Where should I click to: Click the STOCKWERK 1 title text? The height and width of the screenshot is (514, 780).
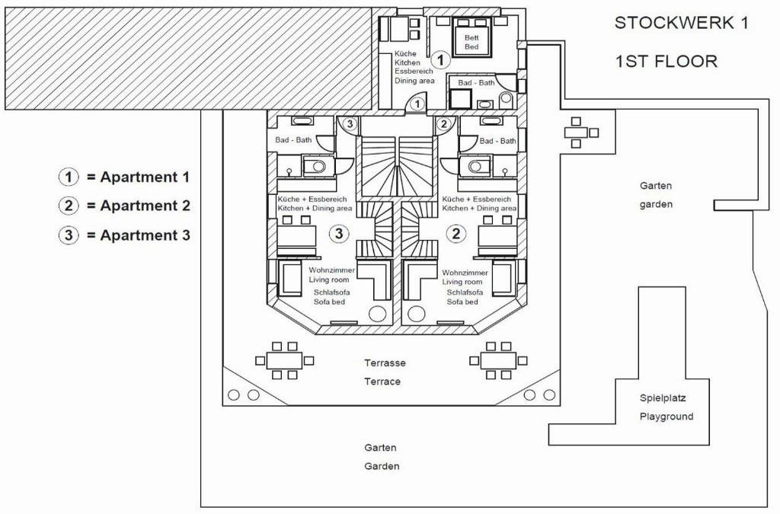point(681,23)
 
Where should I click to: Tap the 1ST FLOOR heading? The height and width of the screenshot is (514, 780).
point(666,62)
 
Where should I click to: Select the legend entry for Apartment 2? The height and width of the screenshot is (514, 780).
point(124,206)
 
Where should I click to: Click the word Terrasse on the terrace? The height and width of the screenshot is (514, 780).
point(385,363)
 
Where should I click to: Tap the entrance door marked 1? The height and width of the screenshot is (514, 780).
point(417,104)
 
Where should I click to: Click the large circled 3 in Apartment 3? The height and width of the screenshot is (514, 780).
point(339,233)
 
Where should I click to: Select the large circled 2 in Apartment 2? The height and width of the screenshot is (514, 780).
point(456,233)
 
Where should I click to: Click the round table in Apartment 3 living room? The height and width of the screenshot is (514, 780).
point(377,314)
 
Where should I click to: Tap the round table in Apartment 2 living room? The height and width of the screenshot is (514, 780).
point(416,314)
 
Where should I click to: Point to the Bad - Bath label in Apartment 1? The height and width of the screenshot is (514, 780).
point(476,82)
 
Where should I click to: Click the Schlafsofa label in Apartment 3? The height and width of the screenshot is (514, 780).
point(329,292)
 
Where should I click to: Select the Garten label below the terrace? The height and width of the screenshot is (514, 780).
point(381,448)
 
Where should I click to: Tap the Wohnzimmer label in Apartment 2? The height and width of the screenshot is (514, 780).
point(465,273)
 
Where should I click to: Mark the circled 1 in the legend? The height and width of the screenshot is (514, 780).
point(69,177)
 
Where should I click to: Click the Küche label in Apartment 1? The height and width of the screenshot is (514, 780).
point(405,54)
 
